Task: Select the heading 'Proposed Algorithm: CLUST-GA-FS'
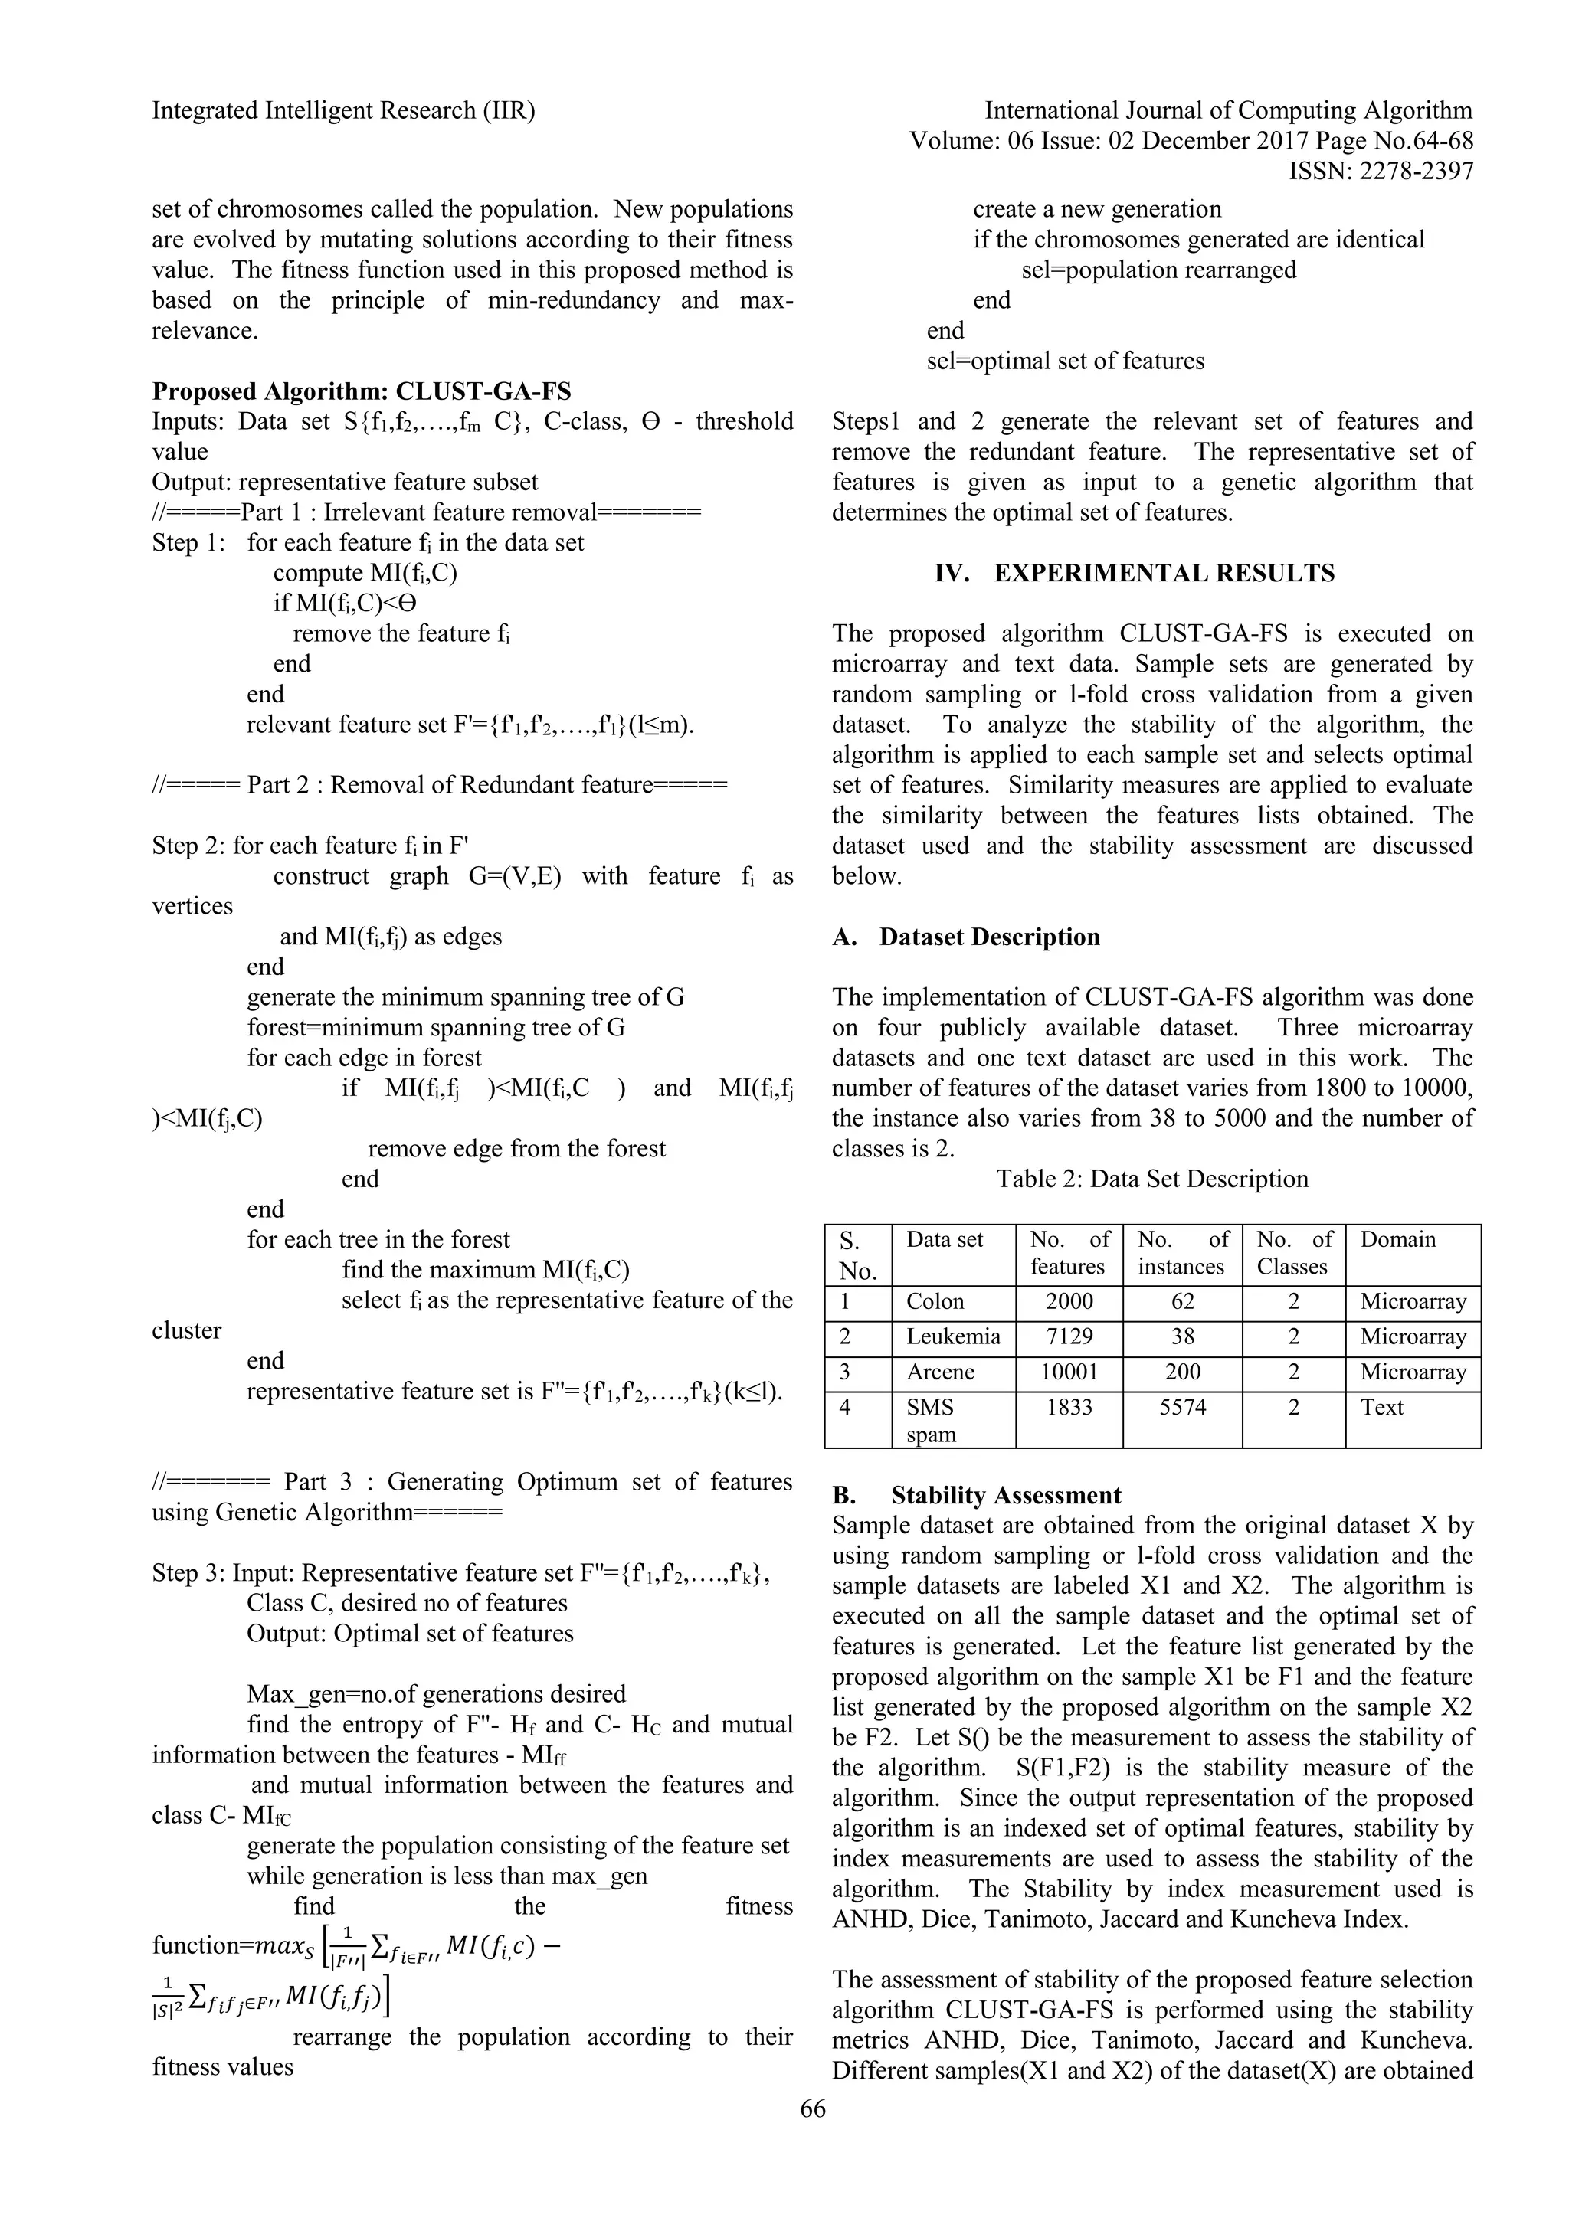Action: pyautogui.click(x=362, y=391)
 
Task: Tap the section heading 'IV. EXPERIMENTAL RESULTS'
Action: pyautogui.click(x=1135, y=573)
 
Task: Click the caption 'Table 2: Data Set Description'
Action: pyautogui.click(x=1151, y=1179)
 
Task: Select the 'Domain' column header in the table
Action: pyautogui.click(x=1398, y=1239)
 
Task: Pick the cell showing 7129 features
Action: pyautogui.click(x=1069, y=1337)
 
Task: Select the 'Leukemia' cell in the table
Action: pyautogui.click(x=952, y=1337)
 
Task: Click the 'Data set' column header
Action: pyautogui.click(x=944, y=1239)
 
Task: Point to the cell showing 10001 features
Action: pyautogui.click(x=1069, y=1372)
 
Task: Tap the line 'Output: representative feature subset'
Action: pyautogui.click(x=345, y=482)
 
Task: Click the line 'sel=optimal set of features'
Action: pyautogui.click(x=1066, y=361)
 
